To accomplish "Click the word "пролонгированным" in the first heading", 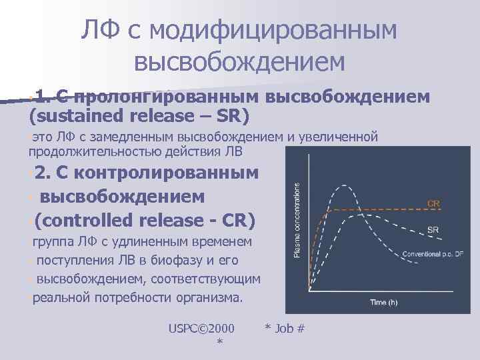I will (x=169, y=97).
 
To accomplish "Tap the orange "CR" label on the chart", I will (x=433, y=203).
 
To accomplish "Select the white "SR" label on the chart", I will (x=433, y=230).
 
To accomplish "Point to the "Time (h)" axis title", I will (x=383, y=303).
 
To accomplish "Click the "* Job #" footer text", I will (x=285, y=328).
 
